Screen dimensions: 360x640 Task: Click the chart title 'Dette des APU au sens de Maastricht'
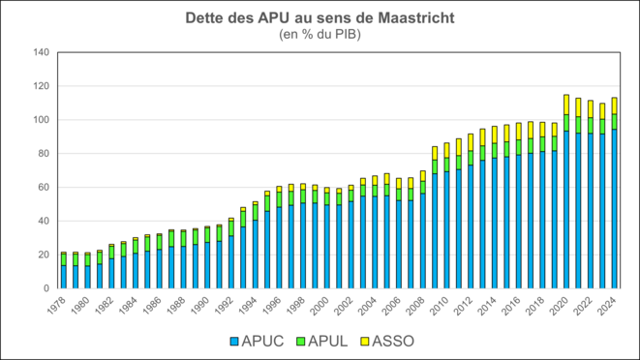[320, 19]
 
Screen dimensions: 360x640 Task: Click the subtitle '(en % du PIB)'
[320, 35]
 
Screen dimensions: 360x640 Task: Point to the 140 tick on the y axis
[40, 52]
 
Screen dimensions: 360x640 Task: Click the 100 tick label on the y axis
[40, 120]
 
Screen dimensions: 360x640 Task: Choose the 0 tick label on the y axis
[46, 288]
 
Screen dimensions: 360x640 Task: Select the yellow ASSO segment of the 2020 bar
[566, 105]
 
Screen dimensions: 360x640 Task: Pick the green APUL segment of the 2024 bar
[614, 122]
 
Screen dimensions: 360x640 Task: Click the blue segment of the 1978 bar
[63, 277]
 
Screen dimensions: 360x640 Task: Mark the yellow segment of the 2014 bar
[494, 135]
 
